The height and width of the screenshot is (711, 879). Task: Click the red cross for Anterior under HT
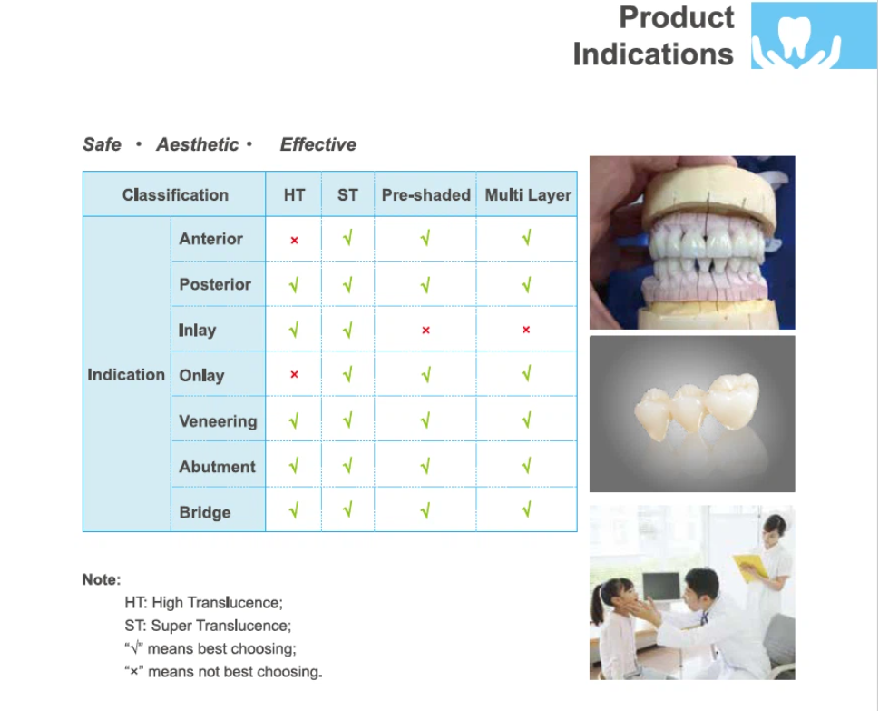pyautogui.click(x=294, y=241)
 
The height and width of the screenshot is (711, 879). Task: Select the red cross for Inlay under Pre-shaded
pyautogui.click(x=425, y=330)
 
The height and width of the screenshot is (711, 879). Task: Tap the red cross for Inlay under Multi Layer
pyautogui.click(x=526, y=330)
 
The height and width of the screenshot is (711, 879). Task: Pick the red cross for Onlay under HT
pyautogui.click(x=294, y=374)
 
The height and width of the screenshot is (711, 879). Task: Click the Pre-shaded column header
pyautogui.click(x=426, y=194)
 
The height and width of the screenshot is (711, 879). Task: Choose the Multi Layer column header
pyautogui.click(x=528, y=194)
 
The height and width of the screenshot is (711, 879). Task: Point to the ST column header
pyautogui.click(x=347, y=194)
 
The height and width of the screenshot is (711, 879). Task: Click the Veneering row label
pyautogui.click(x=218, y=420)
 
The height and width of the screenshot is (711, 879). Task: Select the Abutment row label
pyautogui.click(x=217, y=467)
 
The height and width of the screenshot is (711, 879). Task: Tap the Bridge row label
pyautogui.click(x=205, y=512)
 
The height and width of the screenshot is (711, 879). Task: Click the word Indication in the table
pyautogui.click(x=126, y=374)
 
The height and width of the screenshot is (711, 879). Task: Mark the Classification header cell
pyautogui.click(x=175, y=194)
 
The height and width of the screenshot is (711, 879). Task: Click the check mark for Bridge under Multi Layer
pyautogui.click(x=526, y=509)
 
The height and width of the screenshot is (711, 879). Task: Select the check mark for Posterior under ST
pyautogui.click(x=347, y=284)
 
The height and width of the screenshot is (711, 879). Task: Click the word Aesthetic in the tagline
pyautogui.click(x=198, y=144)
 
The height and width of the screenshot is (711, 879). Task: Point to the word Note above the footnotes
pyautogui.click(x=102, y=579)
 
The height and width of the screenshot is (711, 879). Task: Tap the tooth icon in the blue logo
pyautogui.click(x=796, y=37)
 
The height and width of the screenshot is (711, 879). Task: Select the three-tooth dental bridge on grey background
pyautogui.click(x=698, y=407)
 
